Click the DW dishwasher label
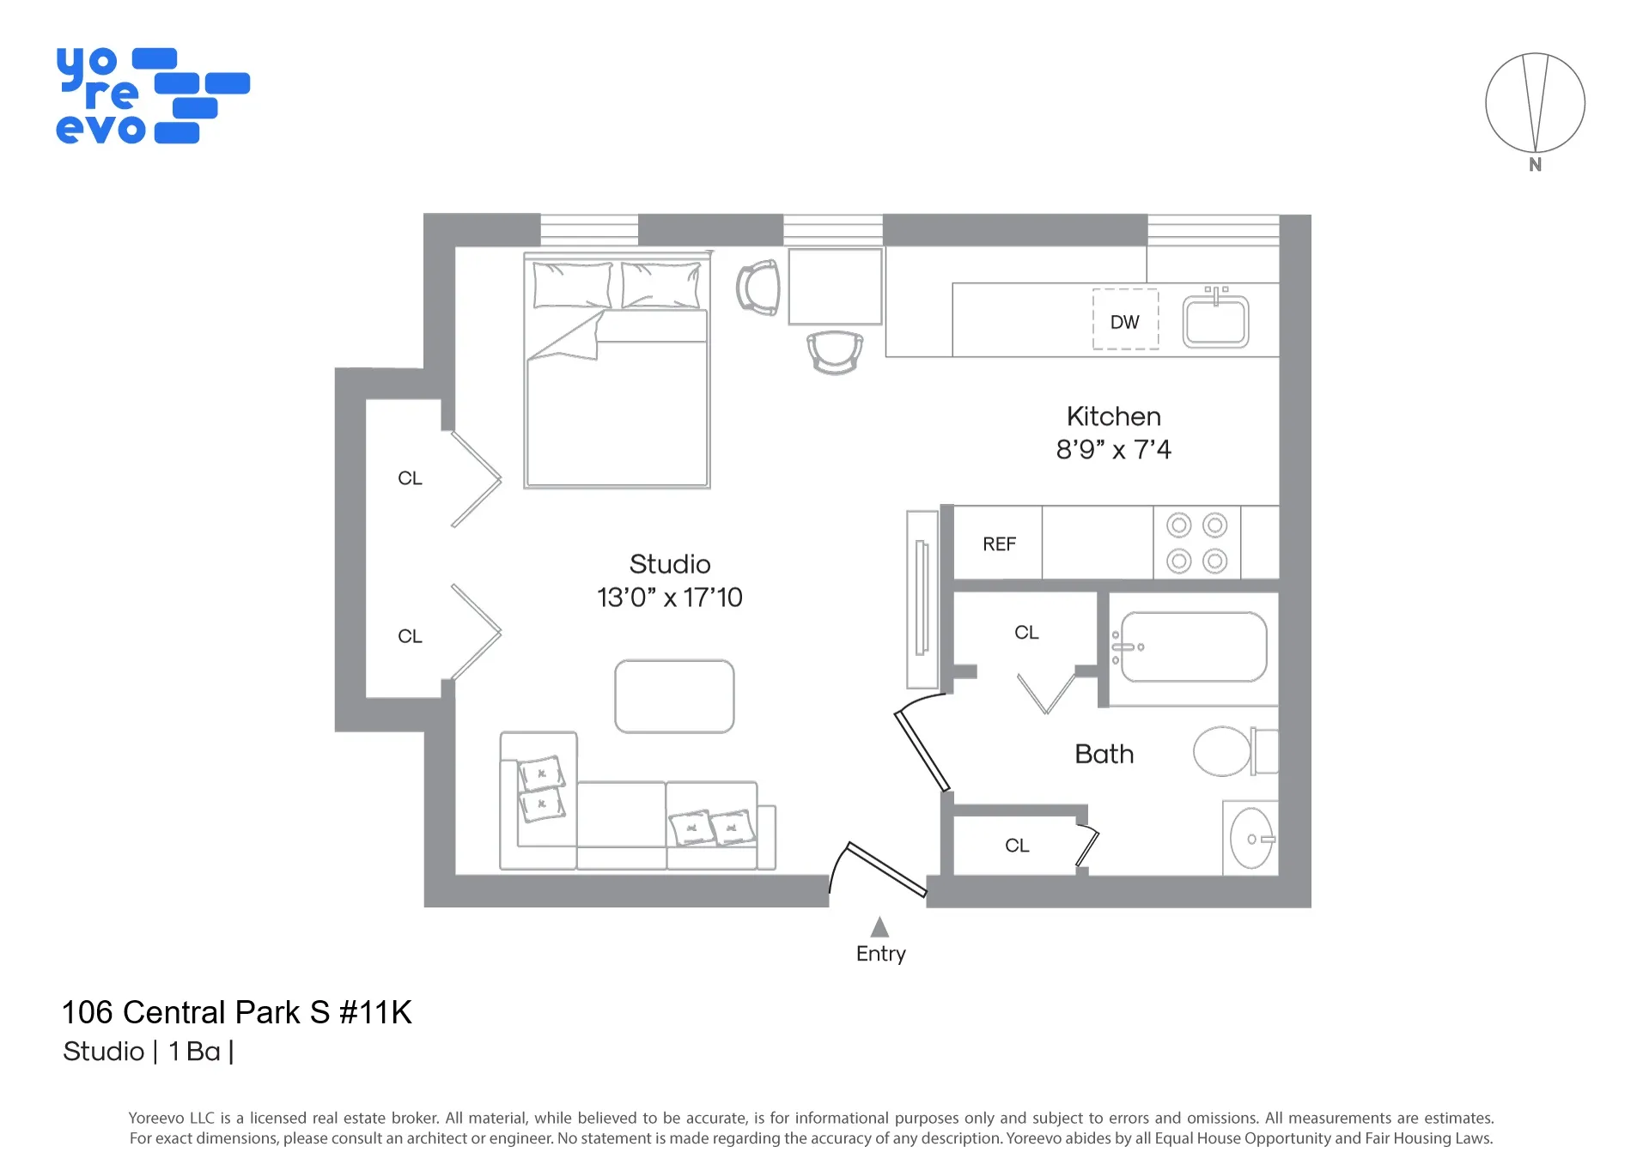click(1124, 322)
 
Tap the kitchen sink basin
click(1214, 323)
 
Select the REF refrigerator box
click(998, 543)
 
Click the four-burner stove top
click(1196, 543)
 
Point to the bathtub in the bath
click(1194, 646)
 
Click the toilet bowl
click(1222, 751)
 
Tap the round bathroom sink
click(1250, 838)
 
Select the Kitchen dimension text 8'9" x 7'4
click(1113, 449)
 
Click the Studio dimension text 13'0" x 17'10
click(669, 598)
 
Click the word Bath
click(1104, 754)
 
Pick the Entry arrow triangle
click(879, 927)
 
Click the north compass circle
click(1535, 103)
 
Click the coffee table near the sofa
click(674, 696)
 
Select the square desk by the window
click(835, 287)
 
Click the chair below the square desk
click(835, 351)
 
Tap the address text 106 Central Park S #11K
click(237, 1012)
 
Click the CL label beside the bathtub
click(1026, 633)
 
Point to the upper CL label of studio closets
click(410, 478)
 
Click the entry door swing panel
click(887, 869)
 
